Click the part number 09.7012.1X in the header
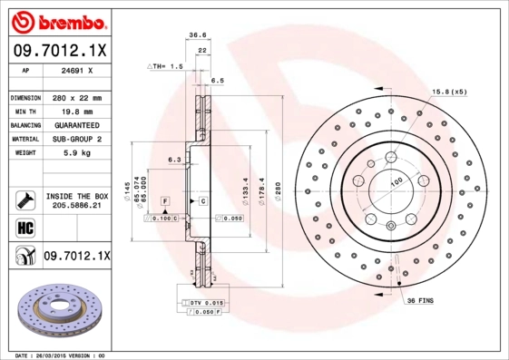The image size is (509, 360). [x=59, y=49]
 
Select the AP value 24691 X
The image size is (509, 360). [x=76, y=69]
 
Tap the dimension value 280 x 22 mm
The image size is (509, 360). [x=76, y=97]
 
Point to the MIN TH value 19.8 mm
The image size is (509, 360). [x=76, y=111]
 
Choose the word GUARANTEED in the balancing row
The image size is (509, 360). [x=76, y=124]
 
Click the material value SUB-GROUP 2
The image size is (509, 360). [x=76, y=139]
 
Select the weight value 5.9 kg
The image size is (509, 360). [x=76, y=153]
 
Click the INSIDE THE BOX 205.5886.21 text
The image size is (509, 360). [x=76, y=200]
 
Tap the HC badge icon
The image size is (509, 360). [x=23, y=227]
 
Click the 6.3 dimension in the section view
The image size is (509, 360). [x=173, y=160]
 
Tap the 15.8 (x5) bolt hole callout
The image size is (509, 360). [x=449, y=92]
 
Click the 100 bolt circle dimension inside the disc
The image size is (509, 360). [x=396, y=182]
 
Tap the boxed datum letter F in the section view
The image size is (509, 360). [x=165, y=199]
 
